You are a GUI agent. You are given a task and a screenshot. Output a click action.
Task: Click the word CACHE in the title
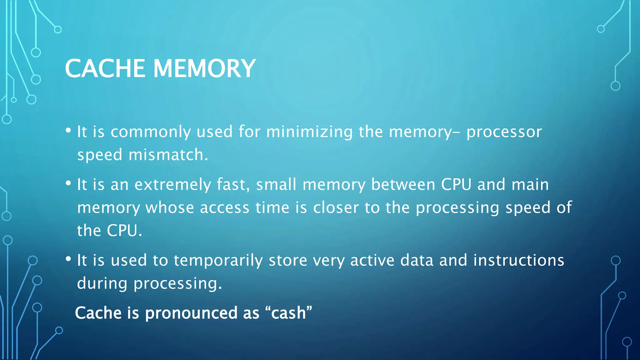pyautogui.click(x=105, y=68)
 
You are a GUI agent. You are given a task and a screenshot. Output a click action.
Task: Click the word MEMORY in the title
pyautogui.click(x=204, y=68)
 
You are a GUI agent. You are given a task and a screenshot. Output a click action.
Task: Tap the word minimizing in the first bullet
pyautogui.click(x=309, y=132)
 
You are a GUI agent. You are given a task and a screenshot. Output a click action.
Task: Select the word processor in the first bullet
pyautogui.click(x=504, y=132)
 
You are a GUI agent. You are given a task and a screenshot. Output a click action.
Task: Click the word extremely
pyautogui.click(x=173, y=185)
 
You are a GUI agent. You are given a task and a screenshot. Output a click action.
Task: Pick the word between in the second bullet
pyautogui.click(x=403, y=184)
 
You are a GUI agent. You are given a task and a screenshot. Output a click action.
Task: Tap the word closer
pyautogui.click(x=336, y=208)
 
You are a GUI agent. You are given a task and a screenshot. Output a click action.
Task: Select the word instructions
pyautogui.click(x=518, y=260)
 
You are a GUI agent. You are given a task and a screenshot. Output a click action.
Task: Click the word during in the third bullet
pyautogui.click(x=102, y=283)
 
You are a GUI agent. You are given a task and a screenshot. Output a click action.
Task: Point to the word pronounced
pyautogui.click(x=191, y=313)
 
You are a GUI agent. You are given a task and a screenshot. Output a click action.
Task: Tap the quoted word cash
pyautogui.click(x=288, y=313)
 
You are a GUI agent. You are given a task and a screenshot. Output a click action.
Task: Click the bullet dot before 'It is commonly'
pyautogui.click(x=68, y=131)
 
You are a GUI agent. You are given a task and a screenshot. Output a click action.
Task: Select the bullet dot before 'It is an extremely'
pyautogui.click(x=68, y=183)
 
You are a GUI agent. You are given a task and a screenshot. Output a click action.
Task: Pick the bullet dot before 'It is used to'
pyautogui.click(x=68, y=259)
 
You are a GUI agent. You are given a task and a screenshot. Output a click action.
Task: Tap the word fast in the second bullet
pyautogui.click(x=232, y=184)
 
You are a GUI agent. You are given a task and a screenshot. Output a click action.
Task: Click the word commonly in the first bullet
pyautogui.click(x=150, y=132)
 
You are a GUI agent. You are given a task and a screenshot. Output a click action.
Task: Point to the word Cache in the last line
pyautogui.click(x=98, y=313)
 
